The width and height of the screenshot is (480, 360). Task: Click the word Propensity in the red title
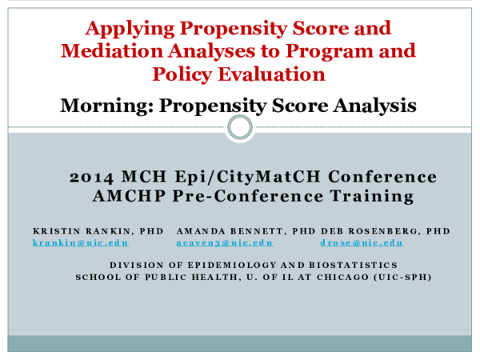[x=230, y=29]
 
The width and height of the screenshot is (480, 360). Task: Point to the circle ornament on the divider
[x=239, y=127]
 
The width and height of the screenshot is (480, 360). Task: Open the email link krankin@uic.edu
[x=80, y=242]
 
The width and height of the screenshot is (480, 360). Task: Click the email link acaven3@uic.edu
[x=225, y=242]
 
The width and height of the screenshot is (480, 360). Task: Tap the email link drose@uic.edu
[x=362, y=242]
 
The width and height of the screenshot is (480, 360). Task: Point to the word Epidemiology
[x=219, y=265]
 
